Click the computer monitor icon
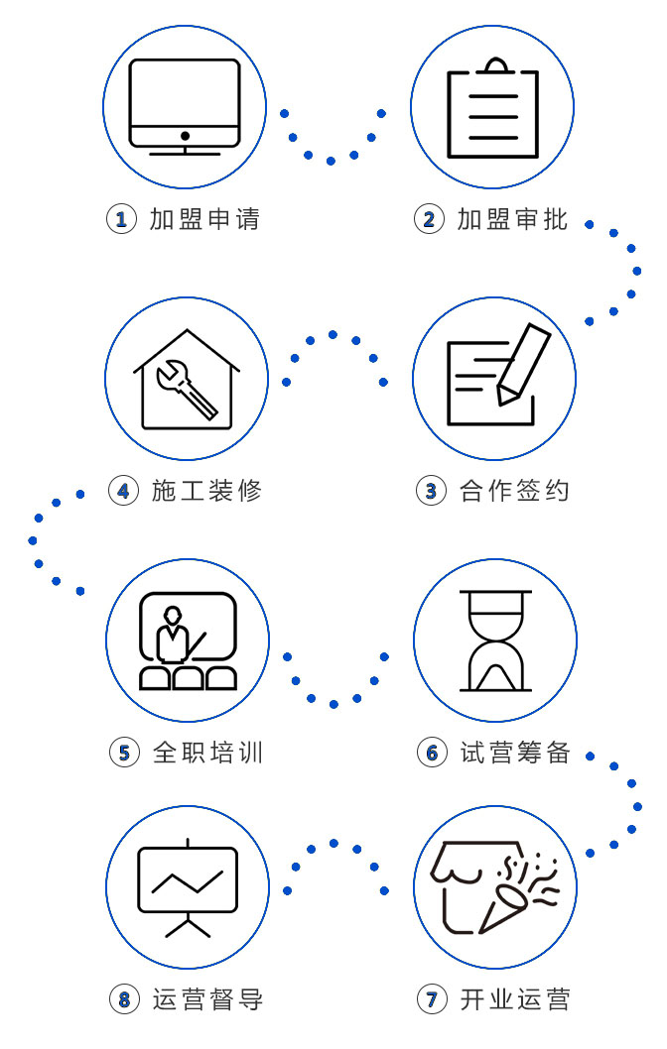[185, 105]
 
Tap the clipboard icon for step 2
[492, 108]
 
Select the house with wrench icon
[187, 382]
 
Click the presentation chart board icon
[187, 885]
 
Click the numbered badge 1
[121, 219]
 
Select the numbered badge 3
[430, 491]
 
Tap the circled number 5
[123, 753]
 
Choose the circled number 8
[123, 999]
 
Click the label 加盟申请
[204, 219]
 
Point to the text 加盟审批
[512, 219]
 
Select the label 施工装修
[206, 491]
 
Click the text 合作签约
[514, 491]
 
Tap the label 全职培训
[207, 753]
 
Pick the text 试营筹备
[515, 753]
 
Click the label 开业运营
[515, 999]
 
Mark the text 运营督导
[207, 999]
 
